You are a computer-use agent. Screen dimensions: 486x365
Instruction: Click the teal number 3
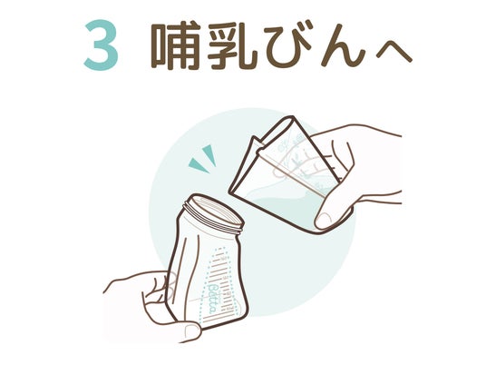pos(101,45)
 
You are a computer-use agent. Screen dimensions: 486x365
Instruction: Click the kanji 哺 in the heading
pos(176,45)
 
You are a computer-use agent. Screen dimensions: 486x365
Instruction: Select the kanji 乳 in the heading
pos(232,45)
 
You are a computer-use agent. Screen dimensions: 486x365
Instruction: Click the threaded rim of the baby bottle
pos(214,215)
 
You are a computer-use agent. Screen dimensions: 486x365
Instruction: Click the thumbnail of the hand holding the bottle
pos(190,329)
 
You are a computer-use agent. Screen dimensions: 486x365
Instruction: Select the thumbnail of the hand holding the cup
pos(324,220)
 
